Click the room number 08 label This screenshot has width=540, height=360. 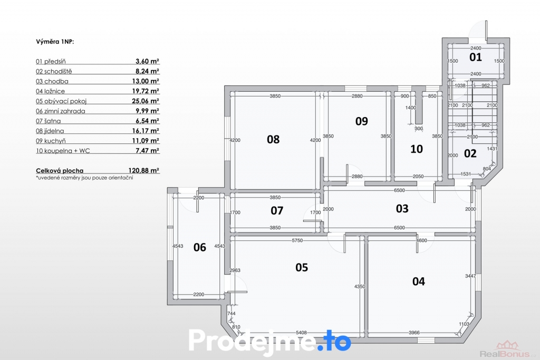pos(273,139)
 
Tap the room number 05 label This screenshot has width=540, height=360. pos(302,267)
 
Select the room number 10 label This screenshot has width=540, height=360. pos(417,149)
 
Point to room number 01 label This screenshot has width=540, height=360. pos(476,57)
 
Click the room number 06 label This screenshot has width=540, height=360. pos(200,247)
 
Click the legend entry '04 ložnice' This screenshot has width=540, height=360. pos(50,91)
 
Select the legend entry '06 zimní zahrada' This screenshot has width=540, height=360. pos(60,111)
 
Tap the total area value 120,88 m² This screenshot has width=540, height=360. pos(143,170)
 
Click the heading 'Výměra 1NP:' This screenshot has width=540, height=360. pos(55,42)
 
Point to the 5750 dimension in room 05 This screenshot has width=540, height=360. pos(297,240)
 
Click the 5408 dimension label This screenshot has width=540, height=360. pos(301,333)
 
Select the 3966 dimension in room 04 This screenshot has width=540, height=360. pos(414,333)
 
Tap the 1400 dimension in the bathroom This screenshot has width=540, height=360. pos(410,108)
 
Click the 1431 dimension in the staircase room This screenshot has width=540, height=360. pos(492,149)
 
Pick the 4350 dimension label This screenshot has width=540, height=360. pos(360,286)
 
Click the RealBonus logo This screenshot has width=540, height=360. pos(508,349)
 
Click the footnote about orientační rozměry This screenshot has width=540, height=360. pos(84,178)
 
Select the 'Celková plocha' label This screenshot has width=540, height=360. pos(60,171)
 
